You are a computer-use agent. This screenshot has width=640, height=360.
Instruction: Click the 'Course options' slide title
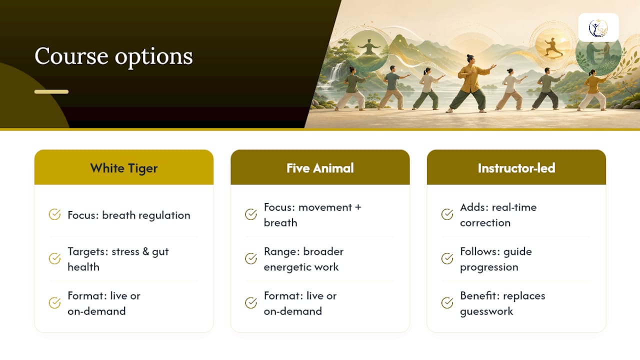(113, 56)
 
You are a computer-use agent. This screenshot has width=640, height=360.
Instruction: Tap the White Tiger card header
(123, 167)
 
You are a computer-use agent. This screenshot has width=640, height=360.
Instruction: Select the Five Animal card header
(320, 167)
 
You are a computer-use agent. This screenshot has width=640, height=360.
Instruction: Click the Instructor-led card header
(516, 167)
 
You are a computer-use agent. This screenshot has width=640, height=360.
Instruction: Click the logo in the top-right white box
(598, 27)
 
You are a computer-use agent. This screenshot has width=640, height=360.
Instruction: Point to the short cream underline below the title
(51, 91)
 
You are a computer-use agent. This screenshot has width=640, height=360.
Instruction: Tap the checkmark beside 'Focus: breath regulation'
(54, 214)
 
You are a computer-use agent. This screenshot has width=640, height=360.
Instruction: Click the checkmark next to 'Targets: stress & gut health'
(54, 258)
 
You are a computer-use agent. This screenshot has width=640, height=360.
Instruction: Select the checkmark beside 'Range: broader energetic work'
(251, 258)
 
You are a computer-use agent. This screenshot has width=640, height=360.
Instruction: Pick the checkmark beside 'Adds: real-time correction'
(447, 214)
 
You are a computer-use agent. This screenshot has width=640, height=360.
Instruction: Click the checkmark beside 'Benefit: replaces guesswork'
(447, 303)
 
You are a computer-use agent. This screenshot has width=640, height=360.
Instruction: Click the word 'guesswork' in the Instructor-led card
(486, 311)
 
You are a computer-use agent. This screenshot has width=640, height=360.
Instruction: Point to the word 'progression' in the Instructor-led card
(489, 267)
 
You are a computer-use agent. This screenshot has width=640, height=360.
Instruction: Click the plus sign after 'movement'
(358, 207)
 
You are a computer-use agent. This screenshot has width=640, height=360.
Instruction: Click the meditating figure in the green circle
(369, 47)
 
